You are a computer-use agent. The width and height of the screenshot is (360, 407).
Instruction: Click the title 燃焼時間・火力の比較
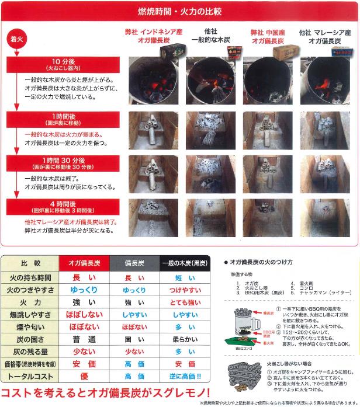pyautogui.click(x=179, y=11)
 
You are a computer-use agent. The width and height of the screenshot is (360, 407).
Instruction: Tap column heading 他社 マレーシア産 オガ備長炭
pyautogui.click(x=324, y=36)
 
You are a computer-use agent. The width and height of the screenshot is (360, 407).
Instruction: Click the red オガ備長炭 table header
pyautogui.click(x=84, y=263)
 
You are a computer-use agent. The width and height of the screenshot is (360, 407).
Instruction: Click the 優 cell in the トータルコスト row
pyautogui.click(x=84, y=376)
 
